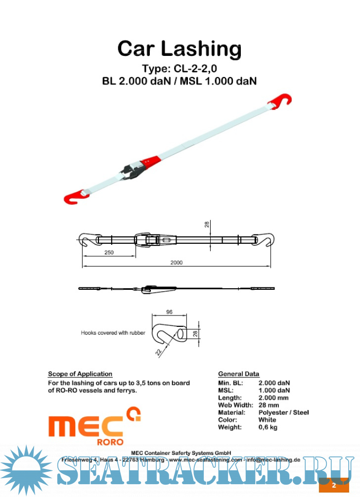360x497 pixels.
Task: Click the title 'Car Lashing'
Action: coord(180,49)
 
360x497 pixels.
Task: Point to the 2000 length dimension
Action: coord(177,263)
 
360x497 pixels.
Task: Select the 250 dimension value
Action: coord(109,252)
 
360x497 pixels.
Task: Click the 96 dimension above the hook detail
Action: coord(169,312)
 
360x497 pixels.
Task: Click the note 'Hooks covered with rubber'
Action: coord(113,333)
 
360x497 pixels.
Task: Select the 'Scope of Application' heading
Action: coord(80,374)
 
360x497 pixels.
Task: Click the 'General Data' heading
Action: coord(238,374)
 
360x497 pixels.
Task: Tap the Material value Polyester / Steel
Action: coord(283,412)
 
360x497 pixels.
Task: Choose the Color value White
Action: coord(268,419)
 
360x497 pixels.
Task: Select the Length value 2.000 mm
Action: coord(274,397)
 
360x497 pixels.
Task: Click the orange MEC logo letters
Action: coord(85,425)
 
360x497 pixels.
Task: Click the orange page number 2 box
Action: coord(333,485)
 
